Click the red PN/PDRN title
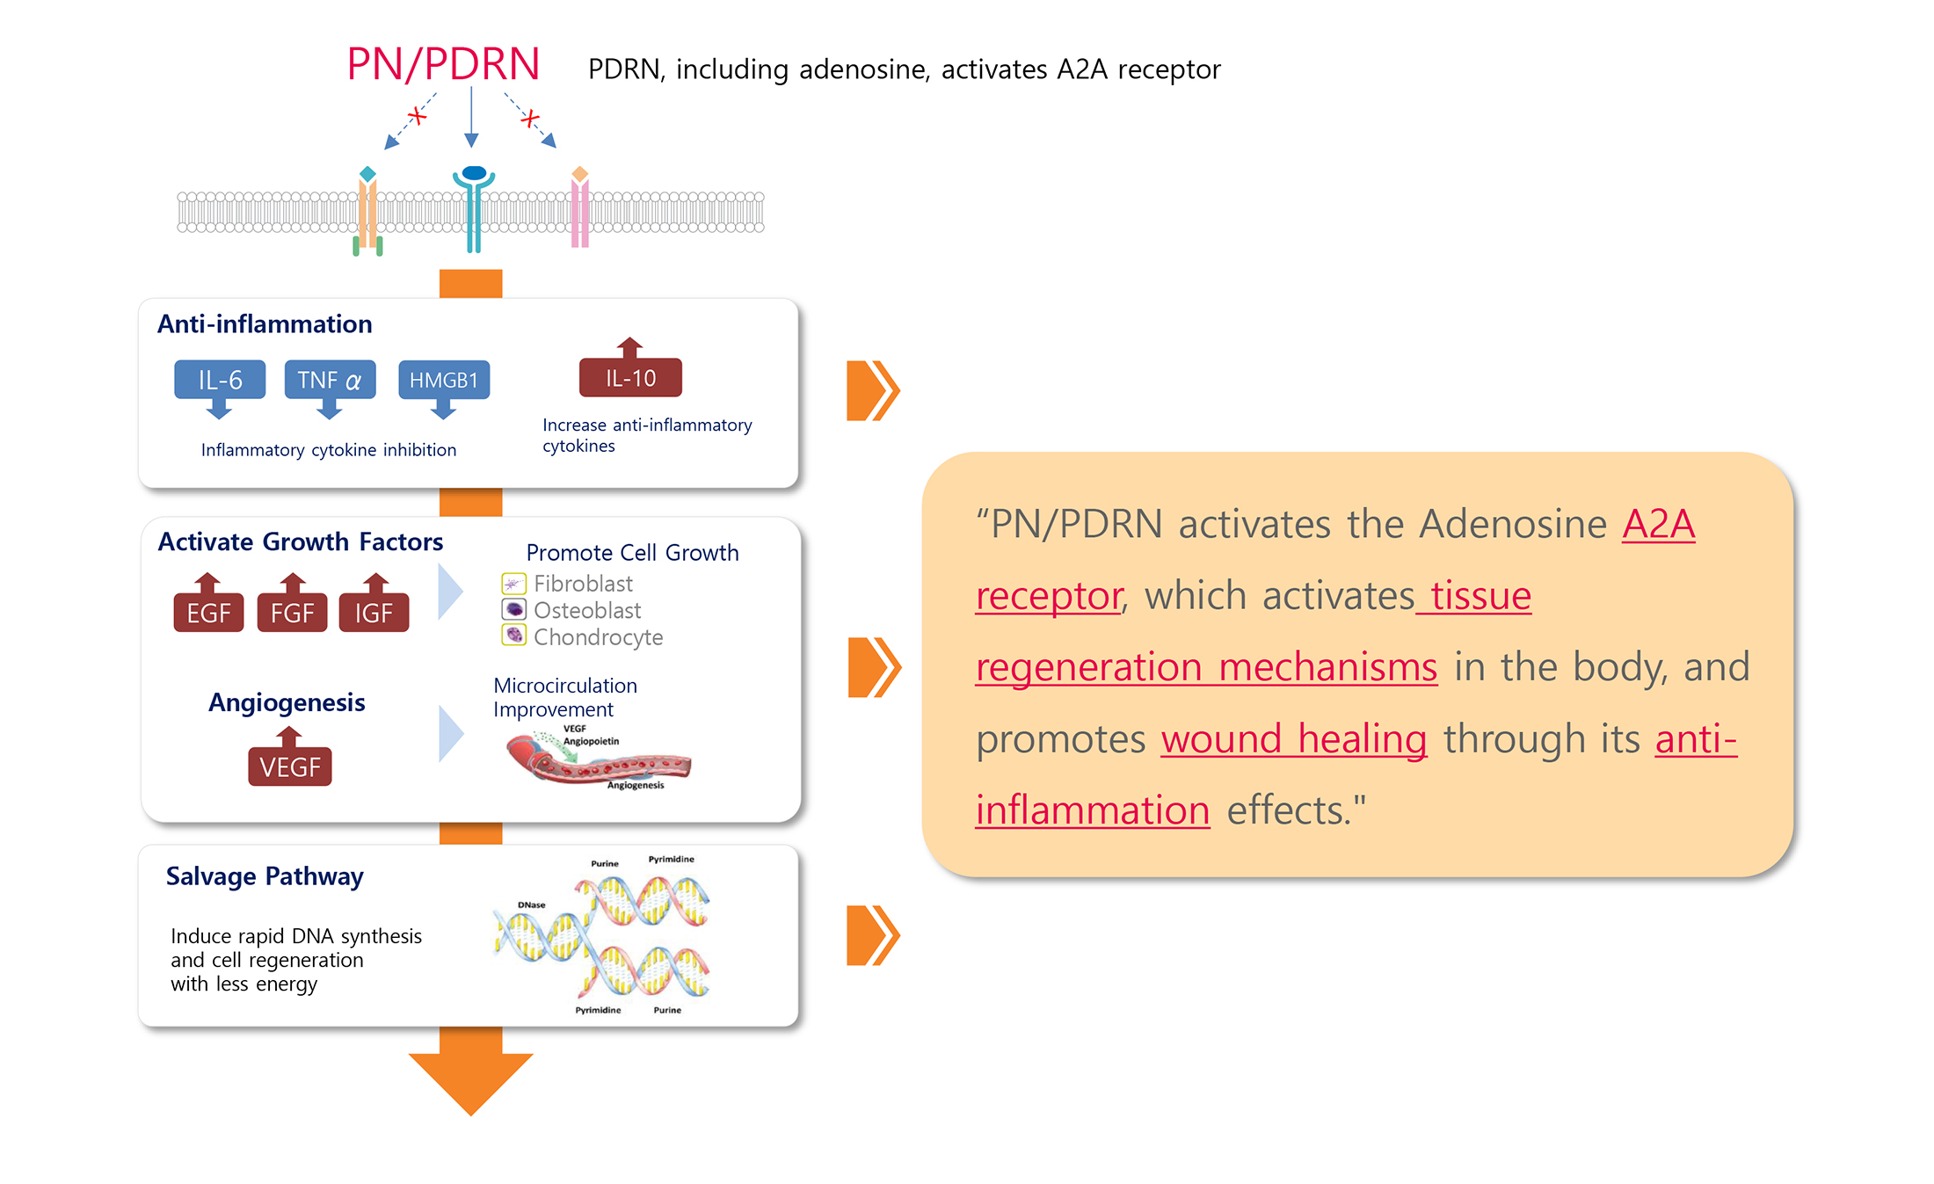click(x=443, y=65)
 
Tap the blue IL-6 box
click(x=220, y=380)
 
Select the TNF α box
click(x=330, y=380)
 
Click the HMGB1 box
click(x=444, y=380)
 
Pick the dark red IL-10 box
click(x=630, y=378)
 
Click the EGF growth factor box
click(x=208, y=613)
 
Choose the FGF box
click(x=292, y=613)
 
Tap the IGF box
click(x=374, y=613)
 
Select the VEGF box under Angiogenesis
click(x=290, y=766)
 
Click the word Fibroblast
click(x=583, y=584)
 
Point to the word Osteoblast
click(x=587, y=610)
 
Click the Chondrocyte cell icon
click(x=513, y=635)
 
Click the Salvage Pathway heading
click(x=265, y=876)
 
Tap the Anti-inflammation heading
click(x=265, y=324)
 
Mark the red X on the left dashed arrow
click(x=417, y=115)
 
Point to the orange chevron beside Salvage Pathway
click(x=872, y=935)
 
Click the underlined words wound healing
click(x=1293, y=738)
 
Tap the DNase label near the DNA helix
click(x=531, y=904)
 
